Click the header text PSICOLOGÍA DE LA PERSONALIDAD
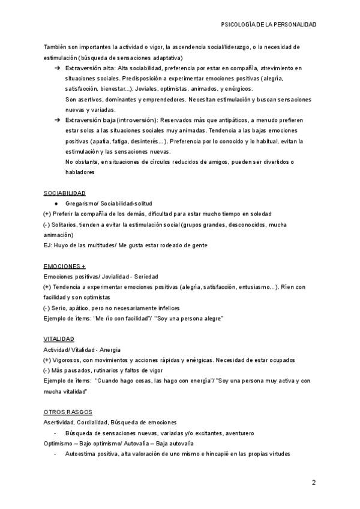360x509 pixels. click(269, 25)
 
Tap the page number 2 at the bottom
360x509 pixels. click(313, 483)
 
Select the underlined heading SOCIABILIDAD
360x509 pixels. click(64, 193)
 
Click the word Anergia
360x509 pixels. click(110, 349)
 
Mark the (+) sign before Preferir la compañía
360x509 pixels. click(47, 214)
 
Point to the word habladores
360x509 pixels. click(80, 172)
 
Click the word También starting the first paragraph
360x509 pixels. click(56, 47)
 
